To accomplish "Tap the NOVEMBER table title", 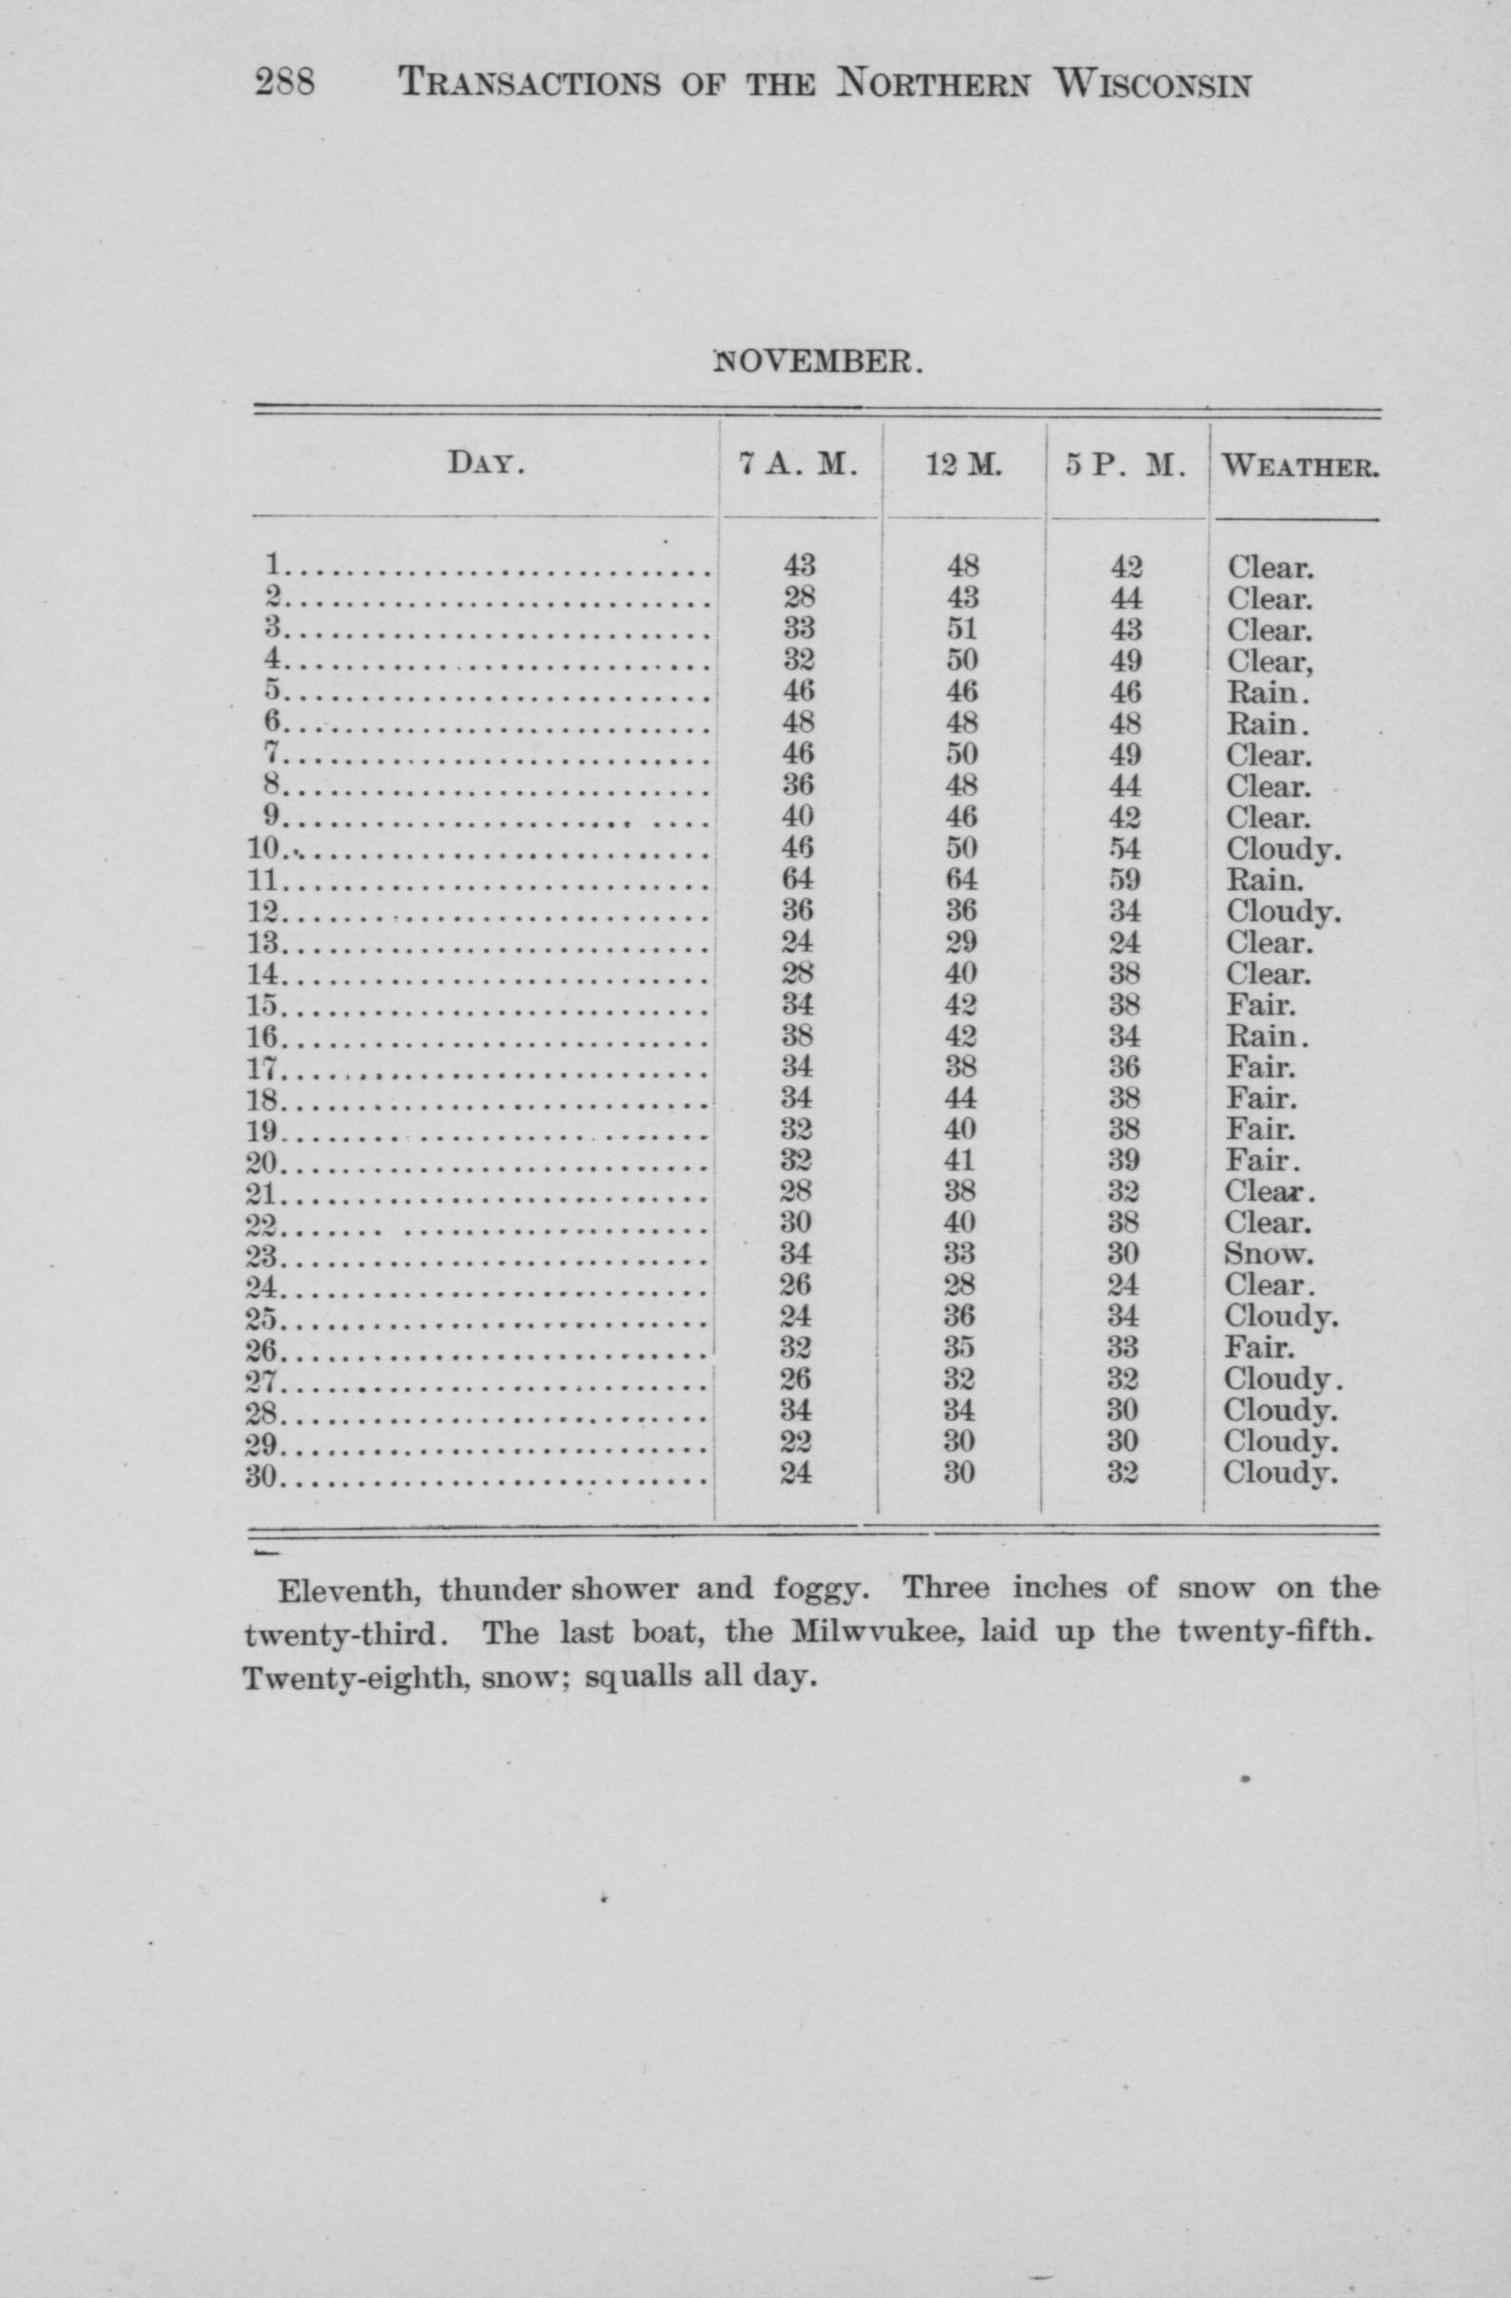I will coord(817,362).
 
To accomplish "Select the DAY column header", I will coord(486,465).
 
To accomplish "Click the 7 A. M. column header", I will coord(799,465).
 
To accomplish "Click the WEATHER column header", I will coord(1300,468).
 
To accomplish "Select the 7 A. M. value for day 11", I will coord(799,879).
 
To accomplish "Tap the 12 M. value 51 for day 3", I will coord(962,629).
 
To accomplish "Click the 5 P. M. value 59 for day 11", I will coord(1126,879).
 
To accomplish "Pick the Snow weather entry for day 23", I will coord(1268,1254).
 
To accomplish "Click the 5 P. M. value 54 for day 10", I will coord(1126,849).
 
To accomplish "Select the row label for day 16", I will coord(262,1037).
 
